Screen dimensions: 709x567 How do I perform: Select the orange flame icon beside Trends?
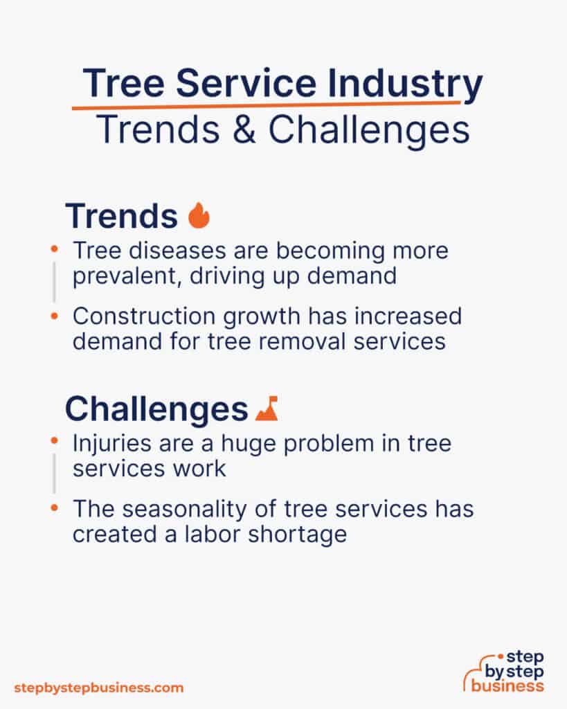pos(199,216)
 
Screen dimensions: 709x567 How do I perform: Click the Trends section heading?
pos(121,217)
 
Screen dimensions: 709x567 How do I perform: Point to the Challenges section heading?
pos(156,409)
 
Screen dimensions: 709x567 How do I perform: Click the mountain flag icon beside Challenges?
pos(267,409)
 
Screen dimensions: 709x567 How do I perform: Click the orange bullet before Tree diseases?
pos(55,247)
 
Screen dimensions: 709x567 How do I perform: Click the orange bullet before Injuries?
pos(55,440)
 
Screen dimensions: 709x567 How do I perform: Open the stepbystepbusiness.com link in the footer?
pos(99,688)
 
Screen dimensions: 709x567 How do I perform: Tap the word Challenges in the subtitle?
pos(369,129)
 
